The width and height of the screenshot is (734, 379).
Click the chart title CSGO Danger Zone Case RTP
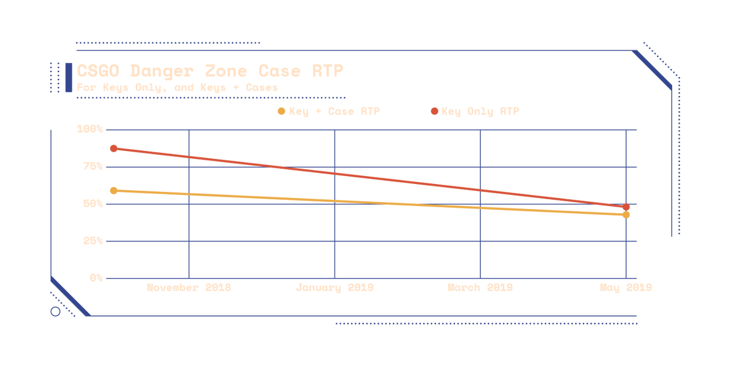[x=210, y=72]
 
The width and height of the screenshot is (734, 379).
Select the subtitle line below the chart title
[x=177, y=87]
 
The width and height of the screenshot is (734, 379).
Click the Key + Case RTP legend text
[x=334, y=111]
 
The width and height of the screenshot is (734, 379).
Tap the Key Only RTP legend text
[x=480, y=111]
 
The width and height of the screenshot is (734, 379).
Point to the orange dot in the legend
[x=281, y=111]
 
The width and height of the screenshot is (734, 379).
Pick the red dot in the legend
[x=434, y=111]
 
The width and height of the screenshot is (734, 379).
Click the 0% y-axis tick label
[x=96, y=277]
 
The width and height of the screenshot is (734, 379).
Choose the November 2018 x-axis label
[x=188, y=287]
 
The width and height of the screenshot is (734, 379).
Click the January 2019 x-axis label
[x=335, y=287]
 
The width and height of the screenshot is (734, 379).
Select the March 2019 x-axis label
[x=480, y=287]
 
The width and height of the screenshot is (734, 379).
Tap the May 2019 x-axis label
[x=626, y=287]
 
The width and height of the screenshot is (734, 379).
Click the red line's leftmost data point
[x=114, y=149]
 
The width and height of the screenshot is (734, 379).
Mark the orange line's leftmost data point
[x=114, y=191]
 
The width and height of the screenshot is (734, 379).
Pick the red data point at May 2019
[x=626, y=207]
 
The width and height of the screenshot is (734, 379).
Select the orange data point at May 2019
[x=626, y=215]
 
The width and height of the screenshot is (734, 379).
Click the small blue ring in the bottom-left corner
[x=55, y=312]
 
